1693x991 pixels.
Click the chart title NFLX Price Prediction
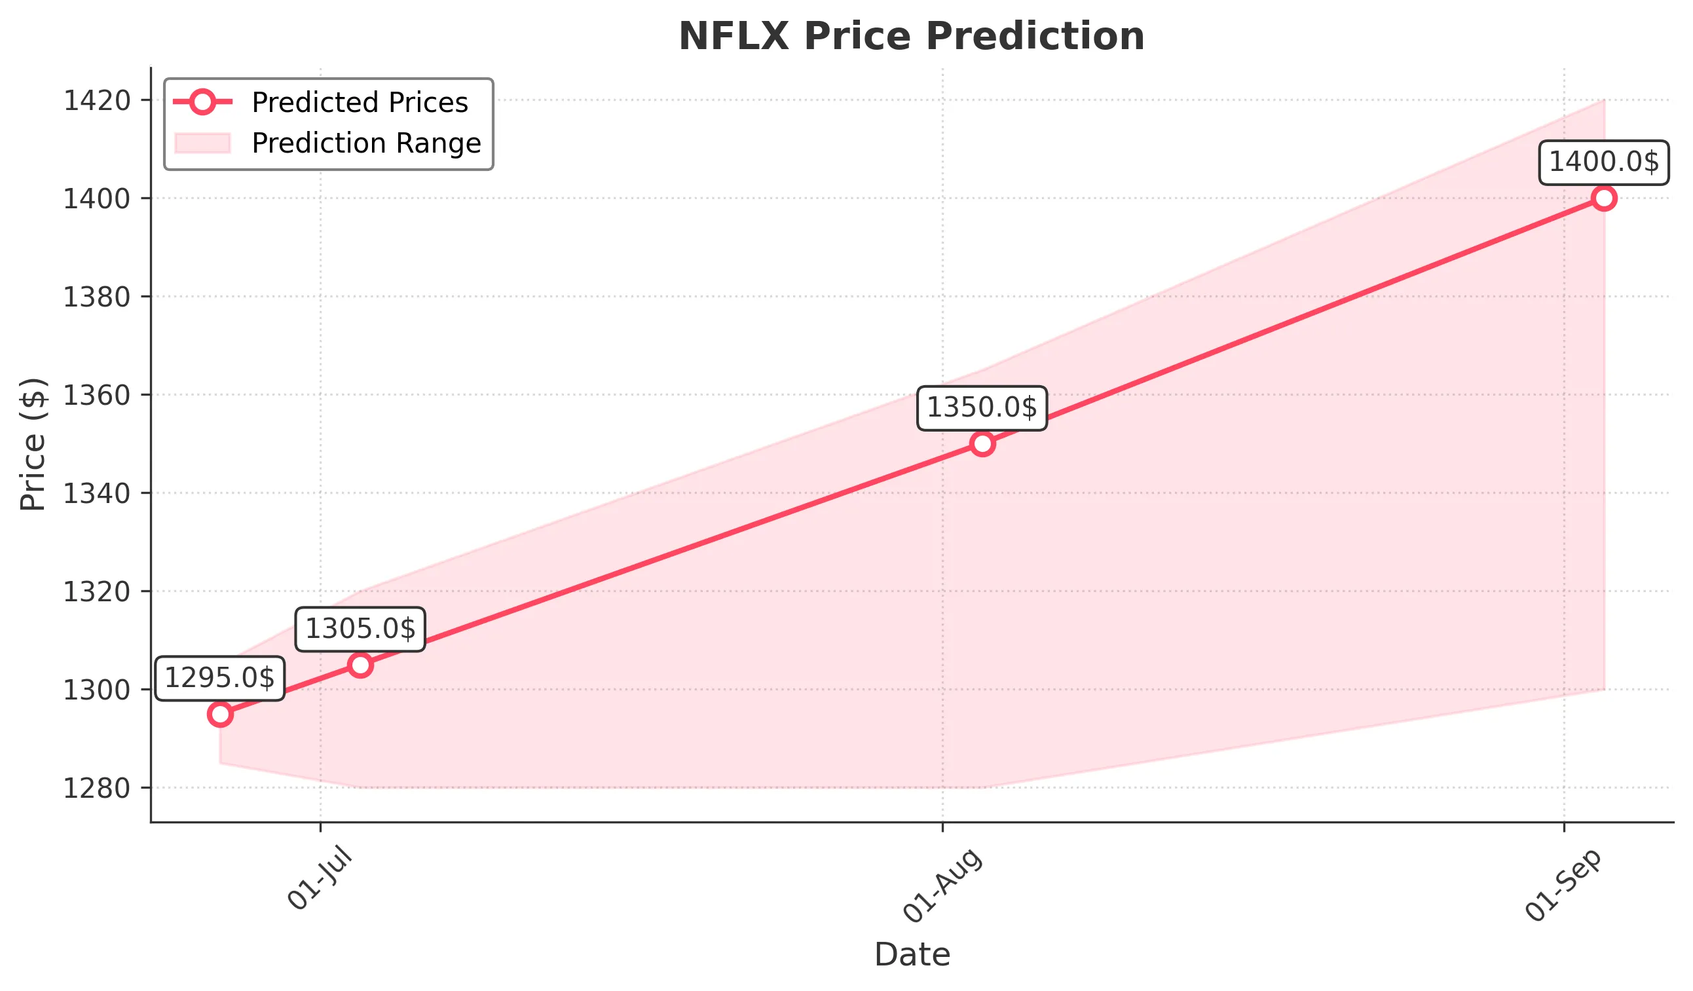(x=911, y=36)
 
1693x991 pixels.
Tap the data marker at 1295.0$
(x=220, y=714)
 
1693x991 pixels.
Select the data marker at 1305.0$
(x=361, y=665)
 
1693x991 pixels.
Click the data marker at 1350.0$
(x=982, y=444)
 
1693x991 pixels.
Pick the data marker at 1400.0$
(x=1604, y=198)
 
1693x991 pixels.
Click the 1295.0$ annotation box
(x=219, y=679)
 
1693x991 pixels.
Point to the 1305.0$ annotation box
(x=360, y=629)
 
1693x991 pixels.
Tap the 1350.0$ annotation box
(x=982, y=408)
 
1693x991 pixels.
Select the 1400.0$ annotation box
(x=1604, y=162)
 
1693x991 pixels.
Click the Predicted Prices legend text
(x=360, y=103)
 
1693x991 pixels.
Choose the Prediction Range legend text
(x=366, y=143)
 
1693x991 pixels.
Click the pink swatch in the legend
(x=202, y=143)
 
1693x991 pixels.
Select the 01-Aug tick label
(x=942, y=885)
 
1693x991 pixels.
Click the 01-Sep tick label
(x=1563, y=885)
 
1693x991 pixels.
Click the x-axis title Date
(x=912, y=955)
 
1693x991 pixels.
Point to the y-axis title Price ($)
(x=33, y=444)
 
